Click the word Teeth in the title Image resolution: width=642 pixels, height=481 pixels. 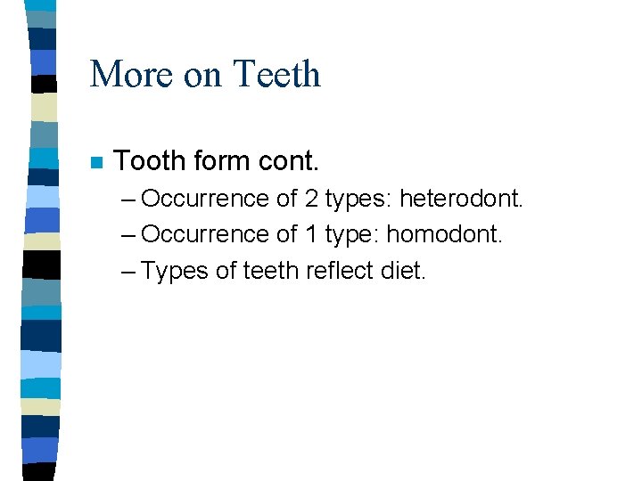click(276, 74)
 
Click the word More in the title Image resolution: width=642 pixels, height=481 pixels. click(132, 74)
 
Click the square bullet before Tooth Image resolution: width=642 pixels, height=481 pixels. click(96, 163)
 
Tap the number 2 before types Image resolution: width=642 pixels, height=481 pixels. click(311, 198)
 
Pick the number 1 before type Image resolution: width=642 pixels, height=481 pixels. click(311, 234)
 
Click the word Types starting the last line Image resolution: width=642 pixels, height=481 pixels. click(175, 271)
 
